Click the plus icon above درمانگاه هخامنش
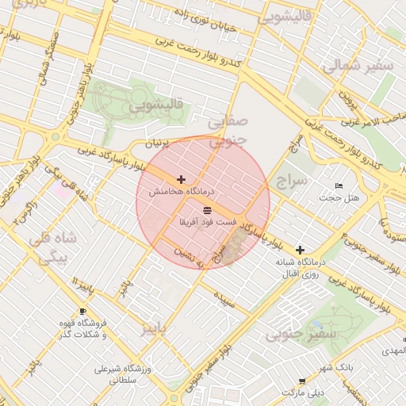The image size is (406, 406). click(182, 180)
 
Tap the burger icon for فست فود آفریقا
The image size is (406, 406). click(207, 210)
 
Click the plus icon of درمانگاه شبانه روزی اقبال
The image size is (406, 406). click(300, 250)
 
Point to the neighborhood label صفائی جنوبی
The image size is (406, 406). click(228, 131)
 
